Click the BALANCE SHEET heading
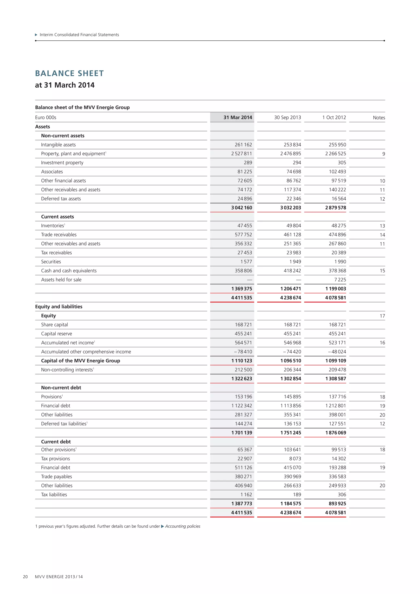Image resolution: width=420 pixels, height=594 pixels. [x=69, y=73]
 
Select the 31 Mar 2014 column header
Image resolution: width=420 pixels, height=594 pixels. [x=237, y=118]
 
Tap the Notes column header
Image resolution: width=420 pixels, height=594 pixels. [x=379, y=118]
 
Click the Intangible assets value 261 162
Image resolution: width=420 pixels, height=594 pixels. [x=241, y=145]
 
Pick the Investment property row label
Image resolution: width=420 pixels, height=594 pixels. [x=62, y=163]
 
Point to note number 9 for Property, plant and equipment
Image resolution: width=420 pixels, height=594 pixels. [x=383, y=154]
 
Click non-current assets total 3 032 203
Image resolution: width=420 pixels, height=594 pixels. [x=290, y=208]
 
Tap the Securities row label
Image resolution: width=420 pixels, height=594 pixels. [x=51, y=262]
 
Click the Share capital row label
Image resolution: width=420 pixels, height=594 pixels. [x=54, y=325]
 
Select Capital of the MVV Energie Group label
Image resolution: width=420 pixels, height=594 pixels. [x=80, y=361]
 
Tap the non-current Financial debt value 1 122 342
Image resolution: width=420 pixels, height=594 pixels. [x=241, y=406]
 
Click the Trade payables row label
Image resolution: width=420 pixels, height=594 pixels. [x=56, y=476]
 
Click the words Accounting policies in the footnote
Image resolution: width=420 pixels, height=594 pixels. [x=182, y=526]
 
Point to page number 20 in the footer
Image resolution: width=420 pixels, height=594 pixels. [x=25, y=577]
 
